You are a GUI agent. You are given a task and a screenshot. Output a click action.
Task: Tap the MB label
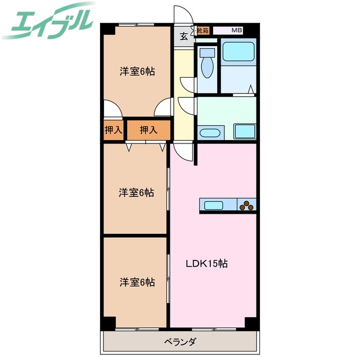tap(236, 30)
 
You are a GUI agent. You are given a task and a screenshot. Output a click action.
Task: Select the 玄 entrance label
tap(184, 36)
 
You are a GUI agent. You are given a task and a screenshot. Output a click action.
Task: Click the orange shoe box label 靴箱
tap(203, 30)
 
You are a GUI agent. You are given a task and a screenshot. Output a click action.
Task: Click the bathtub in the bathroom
tap(238, 52)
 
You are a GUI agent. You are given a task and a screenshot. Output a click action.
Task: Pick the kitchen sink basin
tap(213, 205)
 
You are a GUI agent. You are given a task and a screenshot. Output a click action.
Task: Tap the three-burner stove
tap(246, 205)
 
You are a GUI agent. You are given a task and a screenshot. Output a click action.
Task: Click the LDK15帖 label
tap(206, 264)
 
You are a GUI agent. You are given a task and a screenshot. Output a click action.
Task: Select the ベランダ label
tap(180, 342)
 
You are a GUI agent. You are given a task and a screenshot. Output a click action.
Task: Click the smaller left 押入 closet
tap(114, 130)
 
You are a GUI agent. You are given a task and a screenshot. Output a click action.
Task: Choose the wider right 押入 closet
tap(148, 130)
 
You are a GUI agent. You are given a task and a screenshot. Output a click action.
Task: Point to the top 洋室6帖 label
tap(137, 71)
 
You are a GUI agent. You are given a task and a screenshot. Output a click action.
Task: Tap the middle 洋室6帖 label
tap(136, 192)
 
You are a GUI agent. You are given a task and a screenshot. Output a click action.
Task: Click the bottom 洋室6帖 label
tap(137, 282)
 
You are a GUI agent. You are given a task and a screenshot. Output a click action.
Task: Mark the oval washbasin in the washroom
tap(210, 133)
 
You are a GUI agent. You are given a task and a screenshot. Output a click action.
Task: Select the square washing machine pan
tap(245, 131)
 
